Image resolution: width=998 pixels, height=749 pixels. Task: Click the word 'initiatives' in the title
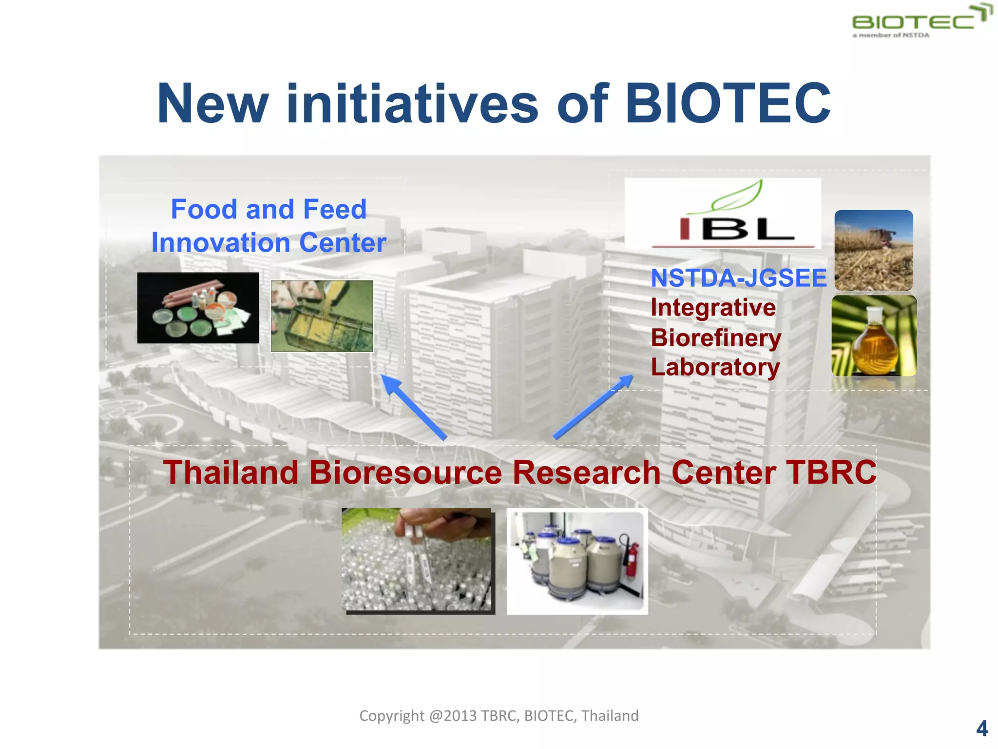(412, 103)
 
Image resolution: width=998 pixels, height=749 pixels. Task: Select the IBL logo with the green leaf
(722, 214)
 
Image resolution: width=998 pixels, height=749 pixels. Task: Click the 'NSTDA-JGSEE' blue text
(738, 278)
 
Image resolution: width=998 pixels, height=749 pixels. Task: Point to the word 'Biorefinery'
(715, 338)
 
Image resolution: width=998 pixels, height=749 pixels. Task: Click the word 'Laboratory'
(715, 367)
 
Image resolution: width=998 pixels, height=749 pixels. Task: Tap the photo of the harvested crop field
(873, 250)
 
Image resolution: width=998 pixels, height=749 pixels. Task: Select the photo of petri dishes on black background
(198, 308)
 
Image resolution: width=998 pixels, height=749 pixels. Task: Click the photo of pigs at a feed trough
(322, 315)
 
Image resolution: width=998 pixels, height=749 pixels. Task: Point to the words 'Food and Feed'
(269, 209)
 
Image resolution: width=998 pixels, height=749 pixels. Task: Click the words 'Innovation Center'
(269, 243)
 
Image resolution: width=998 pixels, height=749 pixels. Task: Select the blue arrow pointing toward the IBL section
(594, 407)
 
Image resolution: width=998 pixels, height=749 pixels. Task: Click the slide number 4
(981, 729)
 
